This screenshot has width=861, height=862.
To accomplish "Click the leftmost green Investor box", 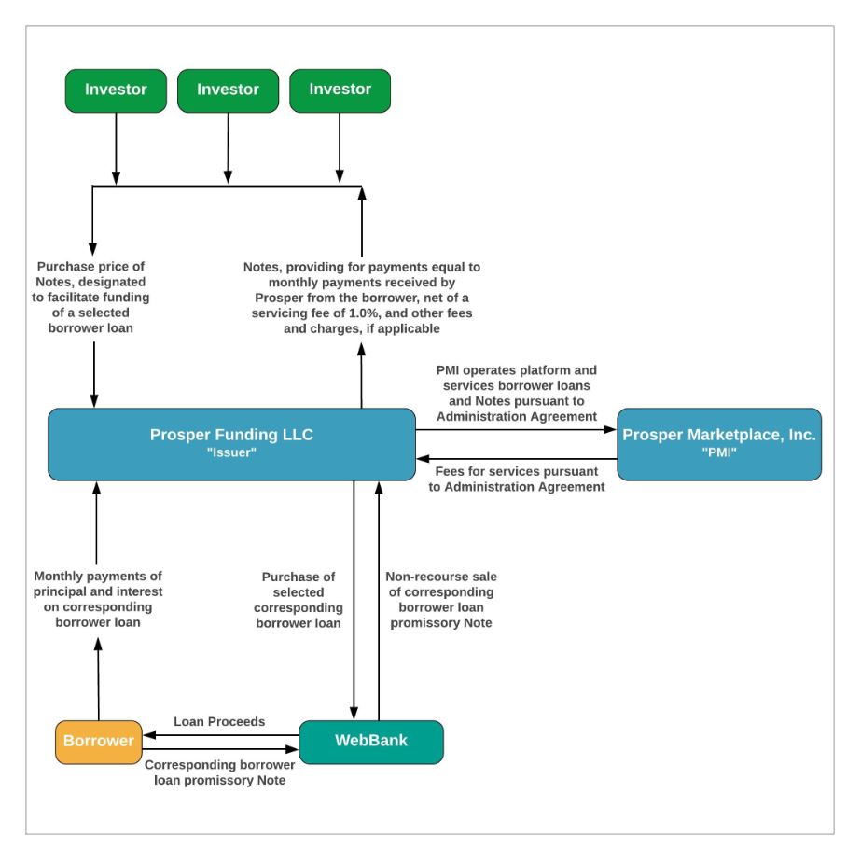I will pos(116,90).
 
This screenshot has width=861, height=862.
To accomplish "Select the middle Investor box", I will pos(228,90).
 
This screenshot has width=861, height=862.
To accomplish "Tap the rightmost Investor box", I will pos(340,90).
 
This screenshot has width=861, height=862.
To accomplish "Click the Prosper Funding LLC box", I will pos(231,444).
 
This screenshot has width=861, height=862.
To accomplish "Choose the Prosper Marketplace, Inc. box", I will pos(719,444).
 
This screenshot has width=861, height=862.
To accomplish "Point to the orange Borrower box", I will pos(98,742).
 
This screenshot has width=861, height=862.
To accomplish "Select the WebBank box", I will pos(370,742).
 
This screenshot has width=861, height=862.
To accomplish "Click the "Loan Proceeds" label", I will pos(219,721).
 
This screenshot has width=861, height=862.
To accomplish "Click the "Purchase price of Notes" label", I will pos(90,267).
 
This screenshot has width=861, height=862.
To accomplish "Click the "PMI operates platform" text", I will pos(516,370).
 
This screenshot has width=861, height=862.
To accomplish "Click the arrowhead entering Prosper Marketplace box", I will pos(611,430).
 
